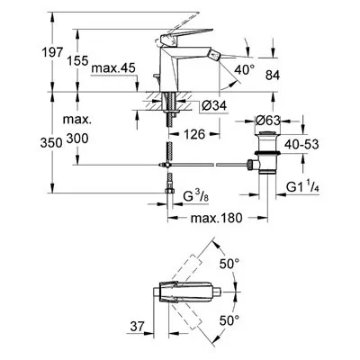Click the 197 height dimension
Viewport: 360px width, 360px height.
[52, 52]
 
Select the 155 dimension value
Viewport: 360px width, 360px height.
[77, 61]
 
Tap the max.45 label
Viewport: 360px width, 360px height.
[113, 68]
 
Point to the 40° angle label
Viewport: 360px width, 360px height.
[244, 70]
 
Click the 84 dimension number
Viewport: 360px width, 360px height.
[273, 76]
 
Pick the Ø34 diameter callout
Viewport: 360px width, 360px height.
[214, 105]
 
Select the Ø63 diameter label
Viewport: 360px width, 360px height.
[267, 121]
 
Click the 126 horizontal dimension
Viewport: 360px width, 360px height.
[194, 134]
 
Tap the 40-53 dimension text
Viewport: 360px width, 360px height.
[301, 144]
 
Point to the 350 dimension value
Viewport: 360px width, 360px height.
[51, 143]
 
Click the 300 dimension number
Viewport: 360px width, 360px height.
[77, 139]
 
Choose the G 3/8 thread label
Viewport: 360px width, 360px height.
[194, 196]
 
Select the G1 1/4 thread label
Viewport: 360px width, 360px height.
[302, 187]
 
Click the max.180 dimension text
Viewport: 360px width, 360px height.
[216, 218]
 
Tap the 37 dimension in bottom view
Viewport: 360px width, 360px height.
[138, 326]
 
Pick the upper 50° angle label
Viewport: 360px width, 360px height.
[229, 264]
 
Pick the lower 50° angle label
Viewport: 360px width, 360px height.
[229, 320]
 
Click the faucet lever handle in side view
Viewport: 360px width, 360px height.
[186, 35]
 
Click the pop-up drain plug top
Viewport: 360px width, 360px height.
[267, 133]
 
